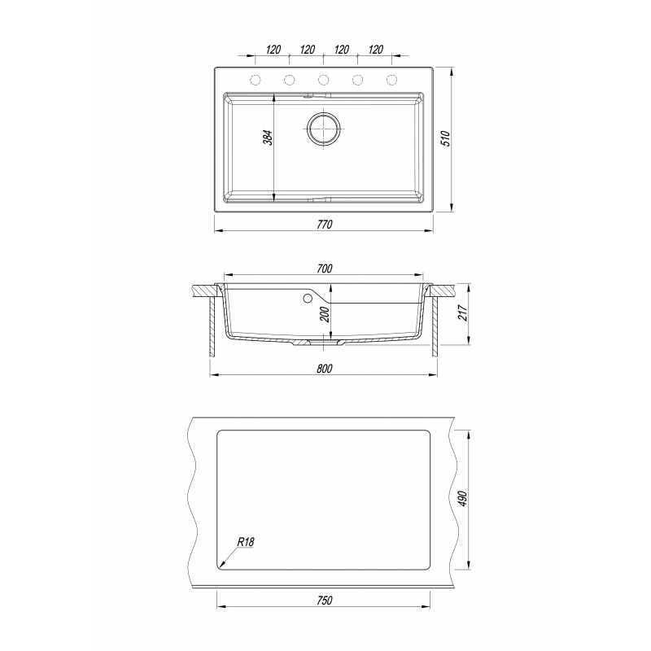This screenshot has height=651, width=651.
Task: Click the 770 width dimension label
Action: tap(324, 225)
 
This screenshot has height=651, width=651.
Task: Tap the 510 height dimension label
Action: tap(446, 138)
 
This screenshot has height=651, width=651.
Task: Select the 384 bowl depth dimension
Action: tap(269, 138)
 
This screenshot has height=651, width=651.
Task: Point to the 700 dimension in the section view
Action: tap(324, 269)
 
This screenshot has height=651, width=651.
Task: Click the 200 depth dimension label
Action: tap(325, 314)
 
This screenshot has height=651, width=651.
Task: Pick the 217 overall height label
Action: tap(463, 312)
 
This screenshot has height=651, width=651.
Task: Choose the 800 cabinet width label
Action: tap(324, 369)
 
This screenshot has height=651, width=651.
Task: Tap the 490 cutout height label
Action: tap(463, 498)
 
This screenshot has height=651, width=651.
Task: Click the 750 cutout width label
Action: tap(324, 601)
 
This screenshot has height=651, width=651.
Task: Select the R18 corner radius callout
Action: tap(246, 542)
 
